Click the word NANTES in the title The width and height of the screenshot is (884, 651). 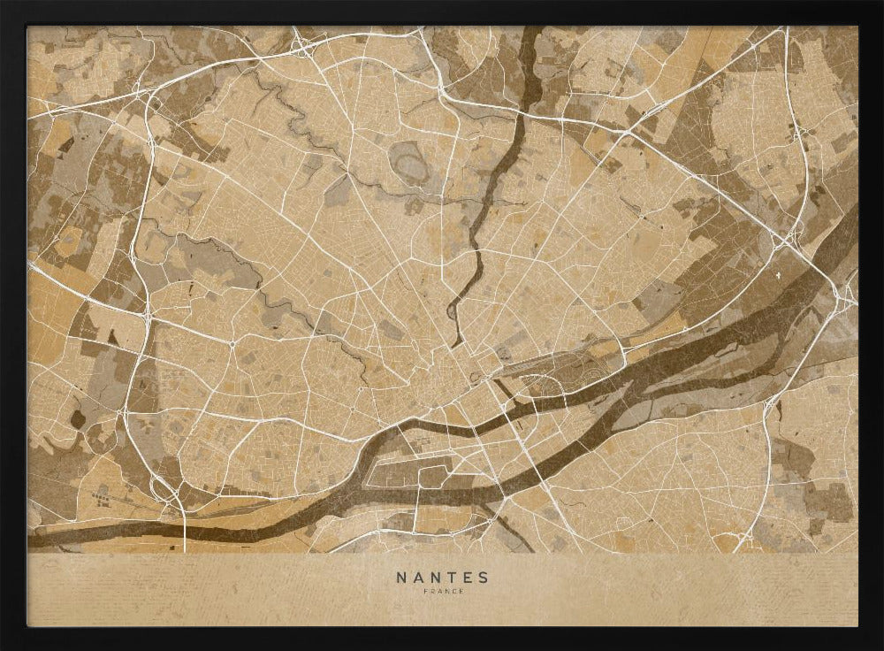pyautogui.click(x=442, y=578)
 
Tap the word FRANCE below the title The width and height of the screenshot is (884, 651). pyautogui.click(x=442, y=591)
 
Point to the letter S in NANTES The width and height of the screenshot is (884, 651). pyautogui.click(x=483, y=578)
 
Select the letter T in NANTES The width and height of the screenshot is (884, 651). pyautogui.click(x=451, y=578)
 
